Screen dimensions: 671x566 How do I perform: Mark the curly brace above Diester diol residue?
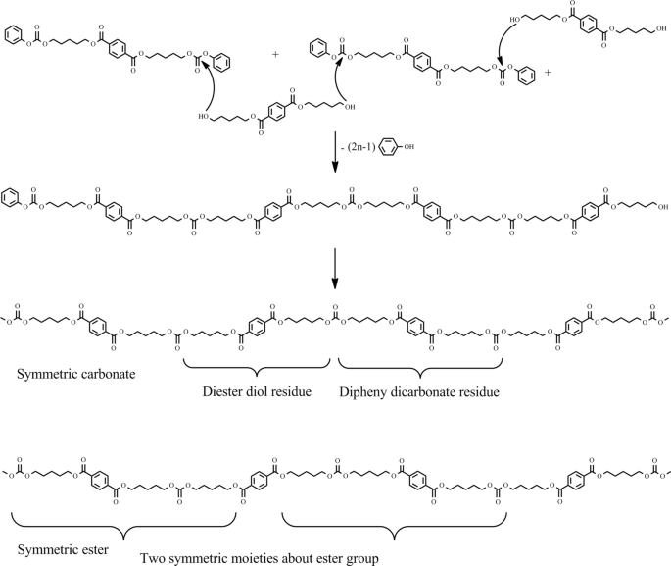pos(257,371)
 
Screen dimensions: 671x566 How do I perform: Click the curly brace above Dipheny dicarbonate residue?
pos(420,371)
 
